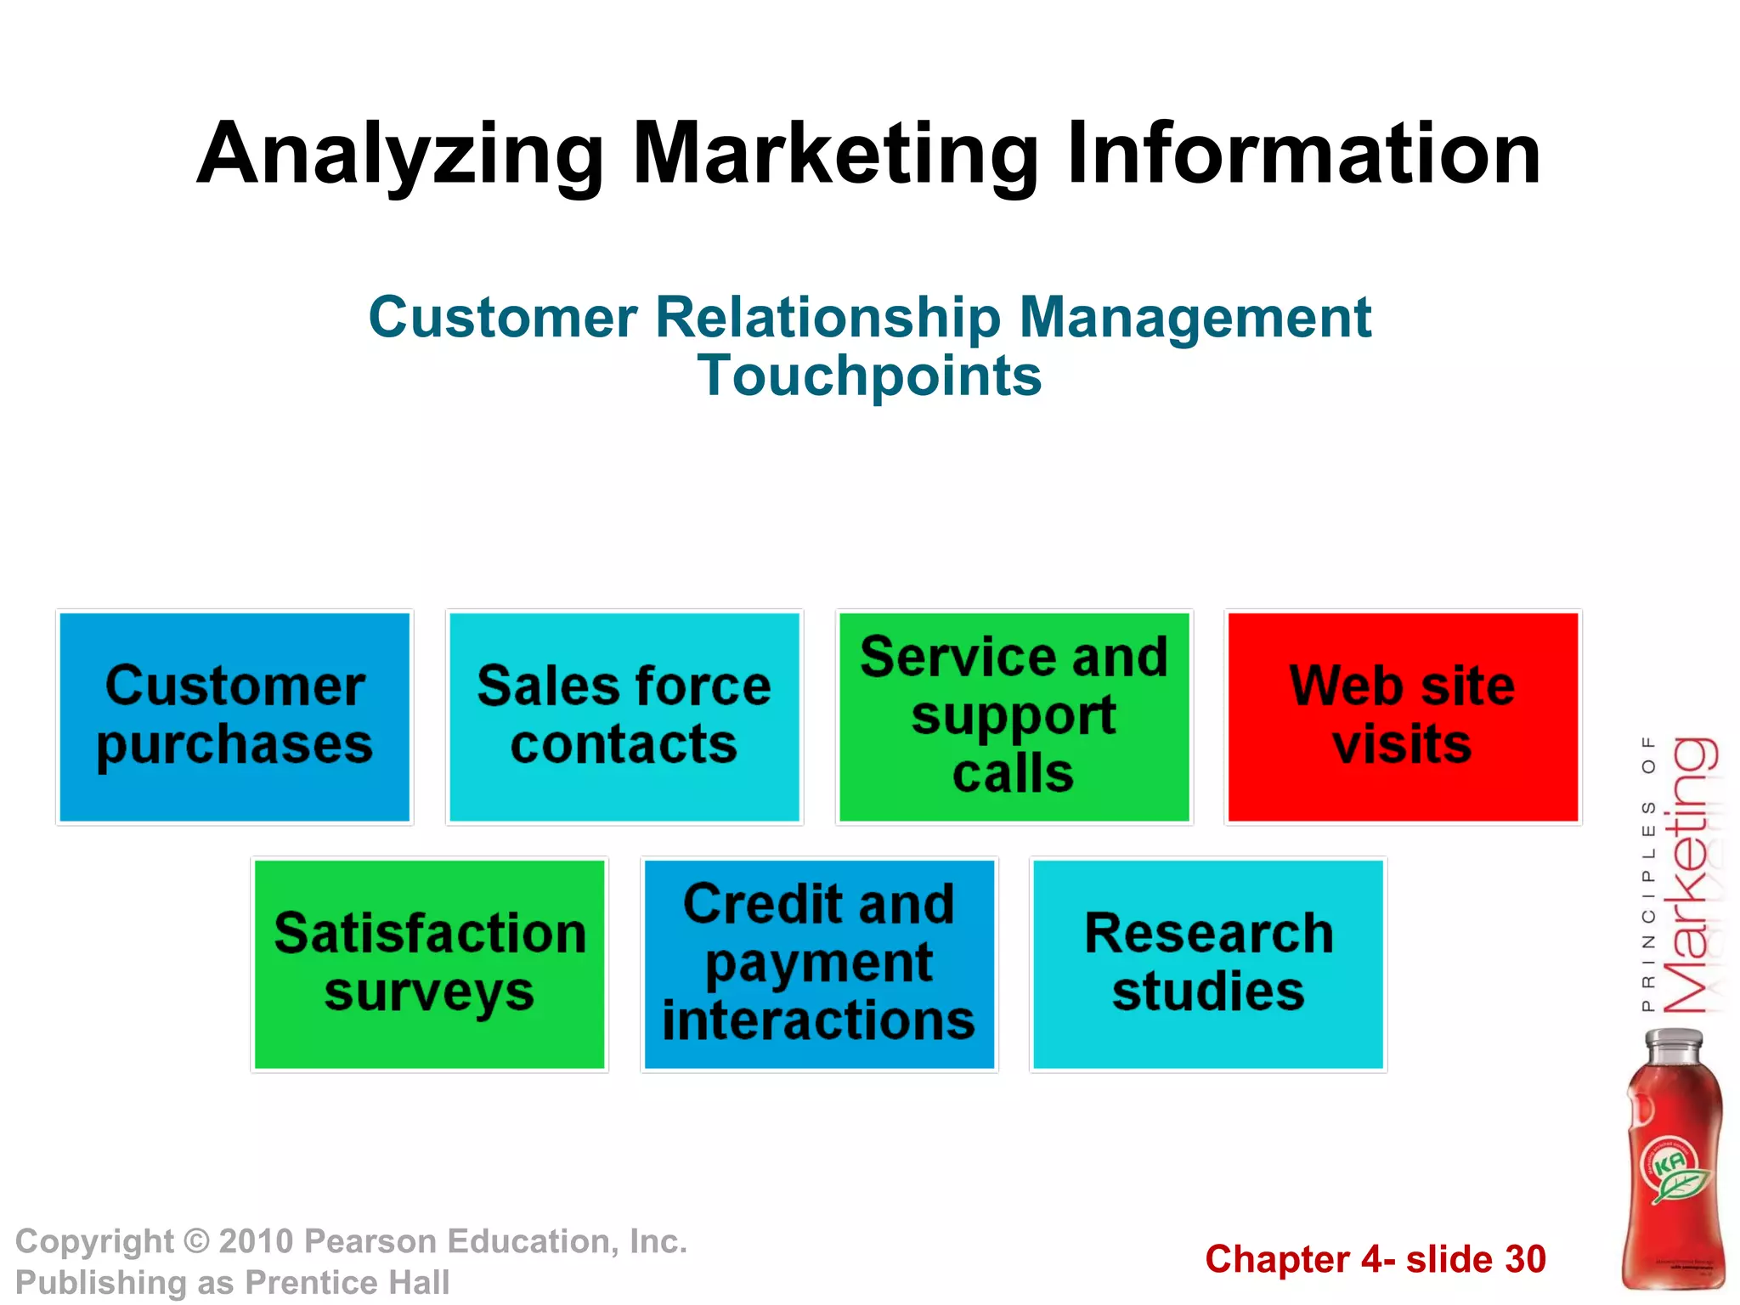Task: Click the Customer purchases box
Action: (x=234, y=717)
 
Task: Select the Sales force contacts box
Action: (x=624, y=717)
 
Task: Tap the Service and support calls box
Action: (x=1014, y=717)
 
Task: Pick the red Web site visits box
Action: (x=1403, y=717)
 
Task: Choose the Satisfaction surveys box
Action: (x=430, y=964)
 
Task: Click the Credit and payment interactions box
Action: (x=819, y=964)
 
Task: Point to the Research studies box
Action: (x=1208, y=964)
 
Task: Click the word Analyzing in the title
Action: (x=399, y=155)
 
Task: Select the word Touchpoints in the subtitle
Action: (x=869, y=376)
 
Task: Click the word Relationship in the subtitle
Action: (x=828, y=318)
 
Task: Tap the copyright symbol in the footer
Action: (x=196, y=1242)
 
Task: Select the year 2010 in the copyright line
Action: (x=257, y=1242)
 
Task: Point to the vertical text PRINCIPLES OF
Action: (x=1648, y=875)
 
